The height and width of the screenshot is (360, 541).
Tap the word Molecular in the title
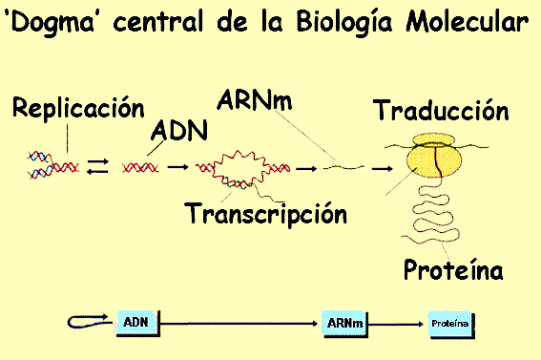468,21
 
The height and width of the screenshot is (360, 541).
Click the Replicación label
78,107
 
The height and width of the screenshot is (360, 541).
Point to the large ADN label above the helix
179,130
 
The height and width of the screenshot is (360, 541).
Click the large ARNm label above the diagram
255,99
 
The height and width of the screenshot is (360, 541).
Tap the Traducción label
441,110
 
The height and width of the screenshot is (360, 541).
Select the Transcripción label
265,213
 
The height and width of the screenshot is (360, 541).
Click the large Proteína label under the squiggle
453,269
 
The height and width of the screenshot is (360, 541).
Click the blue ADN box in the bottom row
138,323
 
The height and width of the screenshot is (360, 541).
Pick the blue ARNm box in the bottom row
344,324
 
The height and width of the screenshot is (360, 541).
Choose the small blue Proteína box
451,324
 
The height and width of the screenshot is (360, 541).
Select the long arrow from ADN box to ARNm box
239,324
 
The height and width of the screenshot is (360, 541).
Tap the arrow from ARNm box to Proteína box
396,324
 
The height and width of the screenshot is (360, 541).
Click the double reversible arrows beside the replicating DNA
97,166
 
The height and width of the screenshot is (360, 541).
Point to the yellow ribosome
434,156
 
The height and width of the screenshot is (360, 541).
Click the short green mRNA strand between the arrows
343,167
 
